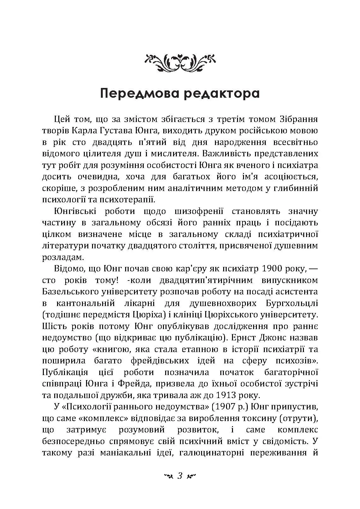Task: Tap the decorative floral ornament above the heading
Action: click(x=180, y=61)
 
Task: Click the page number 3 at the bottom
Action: click(x=180, y=476)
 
